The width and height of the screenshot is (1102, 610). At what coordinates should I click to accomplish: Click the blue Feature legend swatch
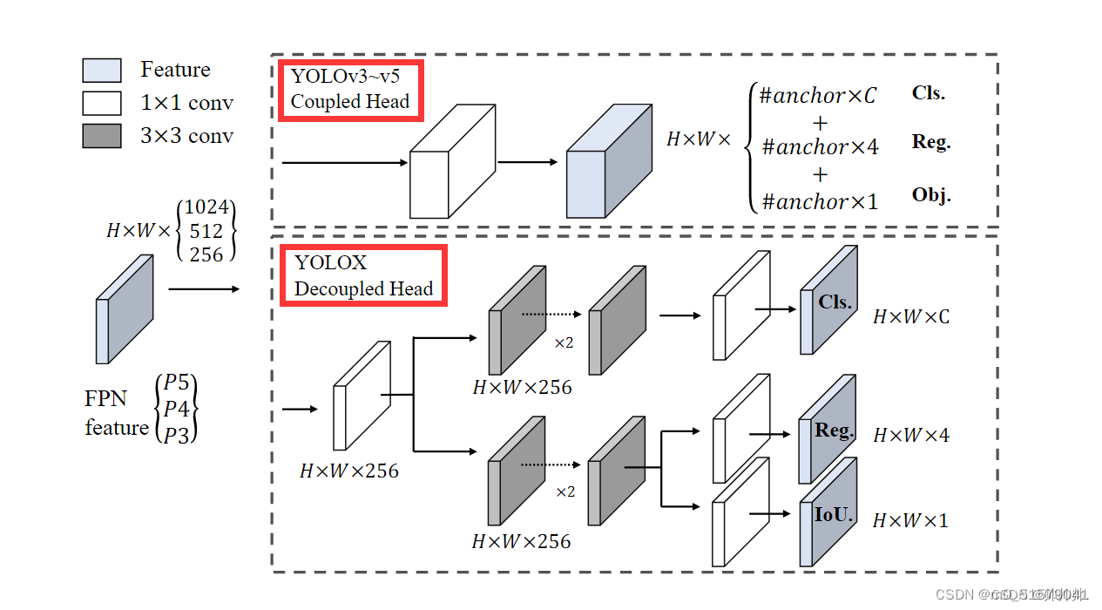[x=101, y=71]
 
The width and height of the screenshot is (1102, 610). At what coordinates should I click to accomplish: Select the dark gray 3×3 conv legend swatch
[x=101, y=136]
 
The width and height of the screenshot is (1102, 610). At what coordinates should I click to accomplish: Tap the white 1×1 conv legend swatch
[x=101, y=103]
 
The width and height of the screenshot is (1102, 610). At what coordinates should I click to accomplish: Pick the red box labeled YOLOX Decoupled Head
[x=363, y=275]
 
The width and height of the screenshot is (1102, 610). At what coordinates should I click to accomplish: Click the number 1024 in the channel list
[x=206, y=207]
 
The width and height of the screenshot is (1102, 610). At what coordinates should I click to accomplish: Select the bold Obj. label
[x=930, y=194]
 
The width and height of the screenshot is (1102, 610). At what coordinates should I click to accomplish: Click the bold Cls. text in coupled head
[x=928, y=93]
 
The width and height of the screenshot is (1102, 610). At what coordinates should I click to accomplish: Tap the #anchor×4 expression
[x=820, y=147]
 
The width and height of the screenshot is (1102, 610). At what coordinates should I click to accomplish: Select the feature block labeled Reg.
[x=828, y=430]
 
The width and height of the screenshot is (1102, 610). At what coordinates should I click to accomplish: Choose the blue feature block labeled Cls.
[x=828, y=301]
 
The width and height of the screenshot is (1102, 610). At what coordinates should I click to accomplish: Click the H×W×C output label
[x=910, y=316]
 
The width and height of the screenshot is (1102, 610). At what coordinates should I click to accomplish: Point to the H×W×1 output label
[x=910, y=521]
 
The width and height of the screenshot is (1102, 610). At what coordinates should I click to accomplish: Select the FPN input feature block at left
[x=124, y=309]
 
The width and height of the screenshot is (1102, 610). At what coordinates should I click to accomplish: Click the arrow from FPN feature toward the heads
[x=203, y=288]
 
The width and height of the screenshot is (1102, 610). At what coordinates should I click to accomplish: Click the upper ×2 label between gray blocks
[x=564, y=343]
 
